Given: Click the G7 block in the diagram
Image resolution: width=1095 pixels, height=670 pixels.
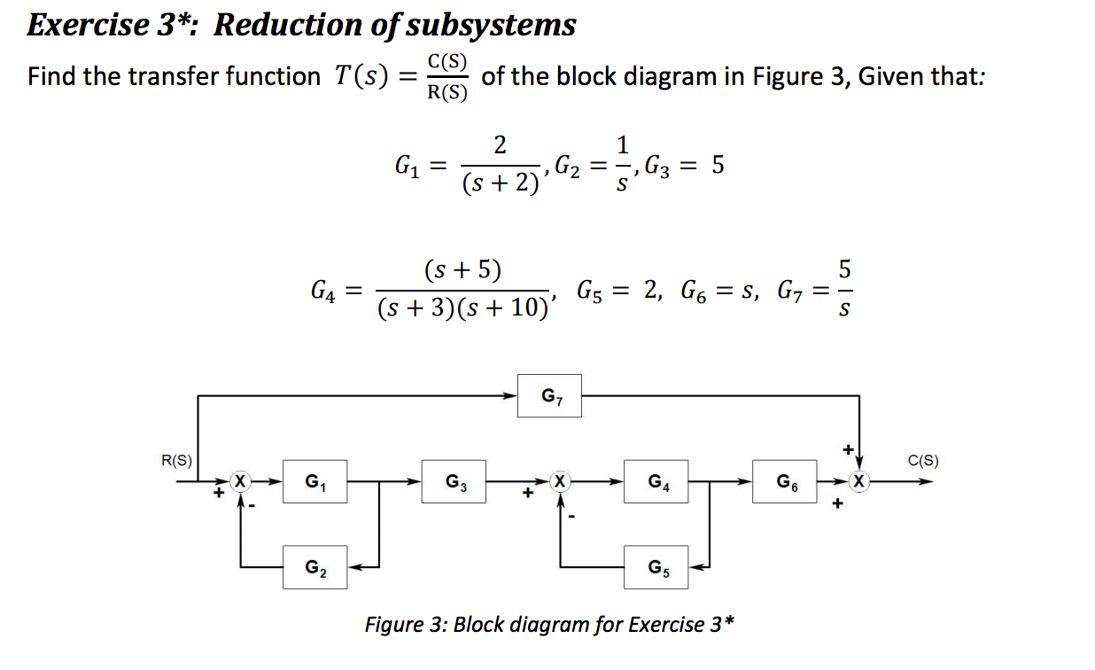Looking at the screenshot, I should [x=549, y=396].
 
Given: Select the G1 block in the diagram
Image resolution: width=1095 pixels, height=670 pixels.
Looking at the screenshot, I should [x=315, y=481].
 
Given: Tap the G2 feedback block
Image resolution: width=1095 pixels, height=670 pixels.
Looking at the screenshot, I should [x=315, y=566].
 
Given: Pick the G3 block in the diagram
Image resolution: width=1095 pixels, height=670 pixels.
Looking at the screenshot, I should [x=455, y=481].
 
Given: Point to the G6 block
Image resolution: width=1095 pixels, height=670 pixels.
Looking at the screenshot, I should [x=785, y=481].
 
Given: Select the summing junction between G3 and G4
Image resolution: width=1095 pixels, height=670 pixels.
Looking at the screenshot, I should [x=558, y=481].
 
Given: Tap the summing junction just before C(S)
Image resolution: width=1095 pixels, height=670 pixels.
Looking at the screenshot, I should [x=857, y=481].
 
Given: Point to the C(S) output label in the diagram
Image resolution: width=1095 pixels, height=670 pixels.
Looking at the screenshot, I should [x=923, y=460].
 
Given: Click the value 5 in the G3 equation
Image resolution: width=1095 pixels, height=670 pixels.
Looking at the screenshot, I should [x=718, y=166].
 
